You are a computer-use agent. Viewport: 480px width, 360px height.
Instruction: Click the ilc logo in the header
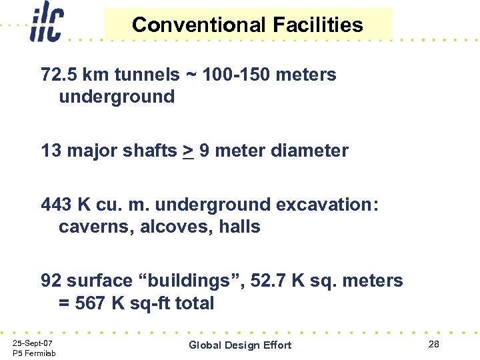point(46,25)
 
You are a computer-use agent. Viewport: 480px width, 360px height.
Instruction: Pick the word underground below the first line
point(117,97)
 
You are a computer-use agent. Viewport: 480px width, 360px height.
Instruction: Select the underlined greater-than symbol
point(187,151)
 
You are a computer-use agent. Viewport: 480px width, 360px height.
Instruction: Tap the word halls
point(239,227)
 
